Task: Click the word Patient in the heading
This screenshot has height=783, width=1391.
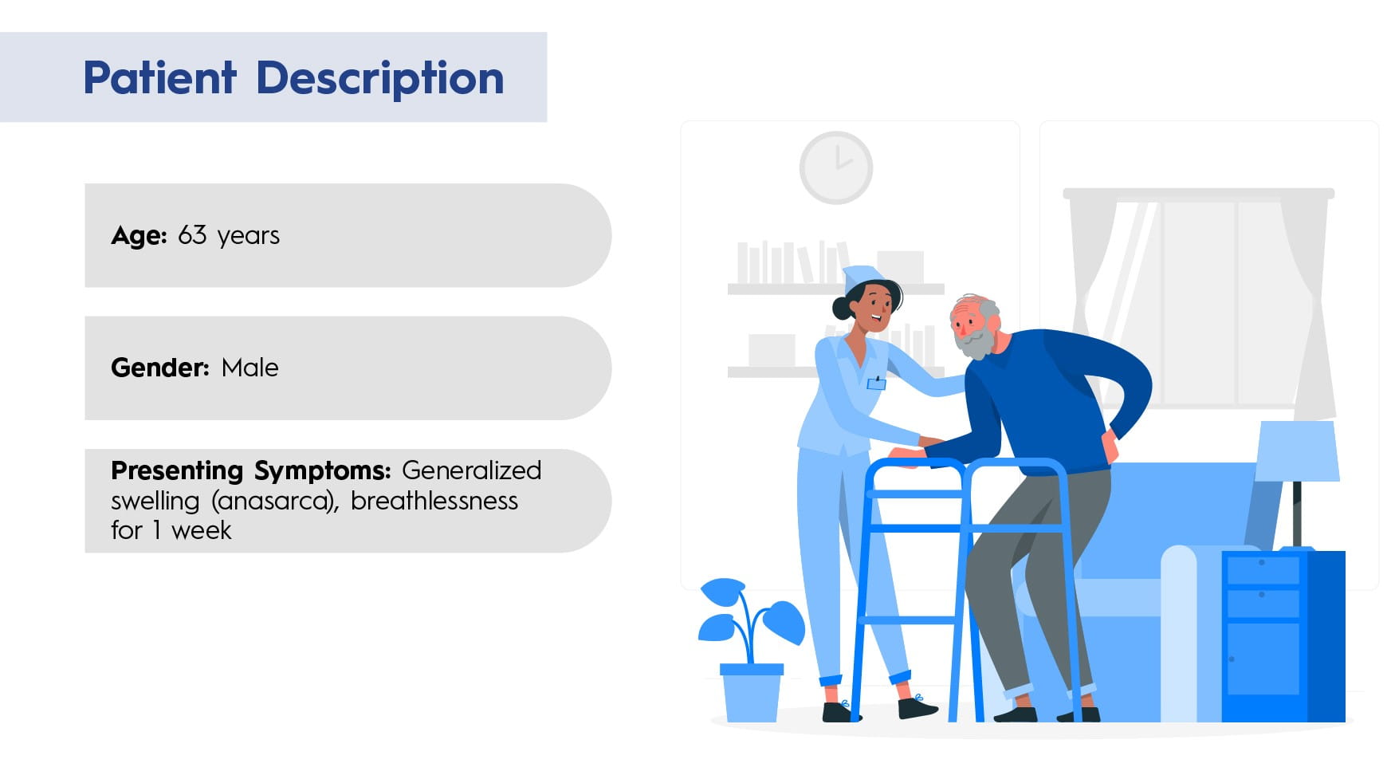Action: pyautogui.click(x=159, y=77)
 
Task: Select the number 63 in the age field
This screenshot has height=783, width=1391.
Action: pyautogui.click(x=192, y=235)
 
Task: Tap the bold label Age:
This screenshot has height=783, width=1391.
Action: pyautogui.click(x=139, y=236)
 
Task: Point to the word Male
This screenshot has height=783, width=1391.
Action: pyautogui.click(x=250, y=368)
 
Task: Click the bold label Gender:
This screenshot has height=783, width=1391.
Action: pyautogui.click(x=159, y=368)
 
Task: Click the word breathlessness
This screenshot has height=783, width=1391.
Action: pyautogui.click(x=434, y=501)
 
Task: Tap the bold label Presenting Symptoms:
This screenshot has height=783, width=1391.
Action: pyautogui.click(x=250, y=471)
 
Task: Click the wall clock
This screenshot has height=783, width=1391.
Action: pyautogui.click(x=836, y=168)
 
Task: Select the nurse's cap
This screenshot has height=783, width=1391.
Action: pyautogui.click(x=862, y=277)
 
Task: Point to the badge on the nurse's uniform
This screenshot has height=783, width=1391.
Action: pyautogui.click(x=876, y=383)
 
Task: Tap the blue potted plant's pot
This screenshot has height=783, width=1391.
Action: pyautogui.click(x=751, y=692)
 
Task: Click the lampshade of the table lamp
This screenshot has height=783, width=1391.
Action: pyautogui.click(x=1297, y=451)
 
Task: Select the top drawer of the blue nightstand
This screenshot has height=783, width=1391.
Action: pyautogui.click(x=1263, y=570)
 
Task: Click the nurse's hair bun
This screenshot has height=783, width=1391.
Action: pyautogui.click(x=842, y=308)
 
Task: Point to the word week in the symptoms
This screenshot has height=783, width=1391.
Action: pyautogui.click(x=201, y=530)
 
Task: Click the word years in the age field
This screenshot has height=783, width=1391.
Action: pyautogui.click(x=248, y=237)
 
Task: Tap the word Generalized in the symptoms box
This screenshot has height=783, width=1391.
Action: pyautogui.click(x=471, y=470)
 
